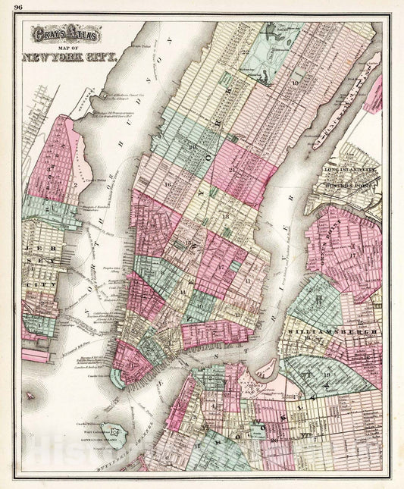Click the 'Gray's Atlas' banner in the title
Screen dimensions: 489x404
pos(58,35)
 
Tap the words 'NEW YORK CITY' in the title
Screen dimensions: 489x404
pos(69,57)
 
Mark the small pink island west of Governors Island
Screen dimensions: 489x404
pos(30,394)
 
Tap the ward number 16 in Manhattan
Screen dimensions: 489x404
pos(165,183)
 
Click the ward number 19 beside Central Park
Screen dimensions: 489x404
pos(294,82)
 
